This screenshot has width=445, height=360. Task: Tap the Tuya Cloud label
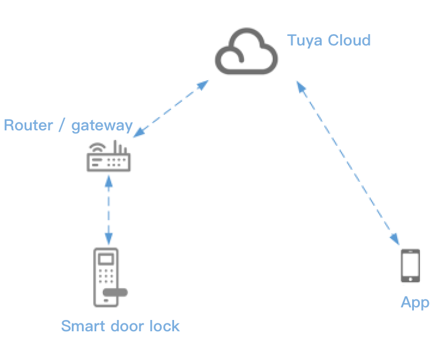coord(328,41)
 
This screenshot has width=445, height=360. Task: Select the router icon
coord(108,158)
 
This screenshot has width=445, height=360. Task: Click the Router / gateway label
coord(68,126)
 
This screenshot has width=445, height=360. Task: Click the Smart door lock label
coord(120,326)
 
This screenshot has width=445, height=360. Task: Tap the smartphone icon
coord(410,266)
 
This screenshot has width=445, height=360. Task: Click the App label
coord(414,303)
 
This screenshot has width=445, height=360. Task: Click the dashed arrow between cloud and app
coord(347,161)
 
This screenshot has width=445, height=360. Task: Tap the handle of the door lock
coord(115,292)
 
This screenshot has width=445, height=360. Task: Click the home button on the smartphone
coord(410,279)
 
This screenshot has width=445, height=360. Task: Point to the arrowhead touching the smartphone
coord(395,239)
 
